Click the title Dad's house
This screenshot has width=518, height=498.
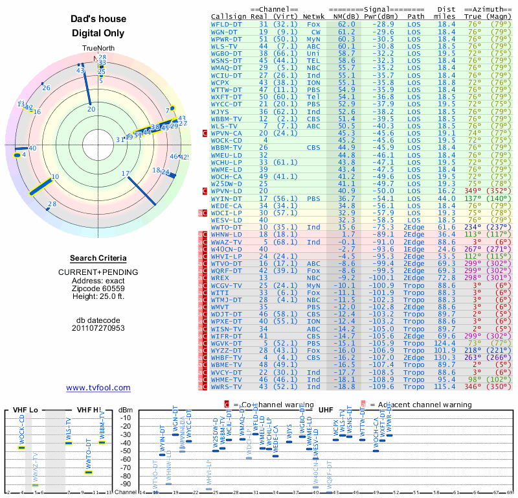[98, 19]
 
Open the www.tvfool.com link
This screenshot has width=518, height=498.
[98, 388]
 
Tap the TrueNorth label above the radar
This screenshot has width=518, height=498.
[98, 49]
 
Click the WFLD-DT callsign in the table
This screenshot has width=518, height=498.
[226, 23]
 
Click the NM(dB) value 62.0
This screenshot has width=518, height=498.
[346, 23]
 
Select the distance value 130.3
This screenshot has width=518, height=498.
[444, 357]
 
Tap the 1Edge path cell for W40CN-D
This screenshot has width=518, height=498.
[414, 248]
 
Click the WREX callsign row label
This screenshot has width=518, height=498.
[221, 277]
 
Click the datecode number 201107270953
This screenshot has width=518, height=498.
[98, 328]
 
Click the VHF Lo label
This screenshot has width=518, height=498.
[25, 410]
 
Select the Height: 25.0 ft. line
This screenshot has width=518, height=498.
[98, 296]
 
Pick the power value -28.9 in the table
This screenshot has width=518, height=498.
[383, 23]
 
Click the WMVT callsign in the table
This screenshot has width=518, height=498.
[221, 306]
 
